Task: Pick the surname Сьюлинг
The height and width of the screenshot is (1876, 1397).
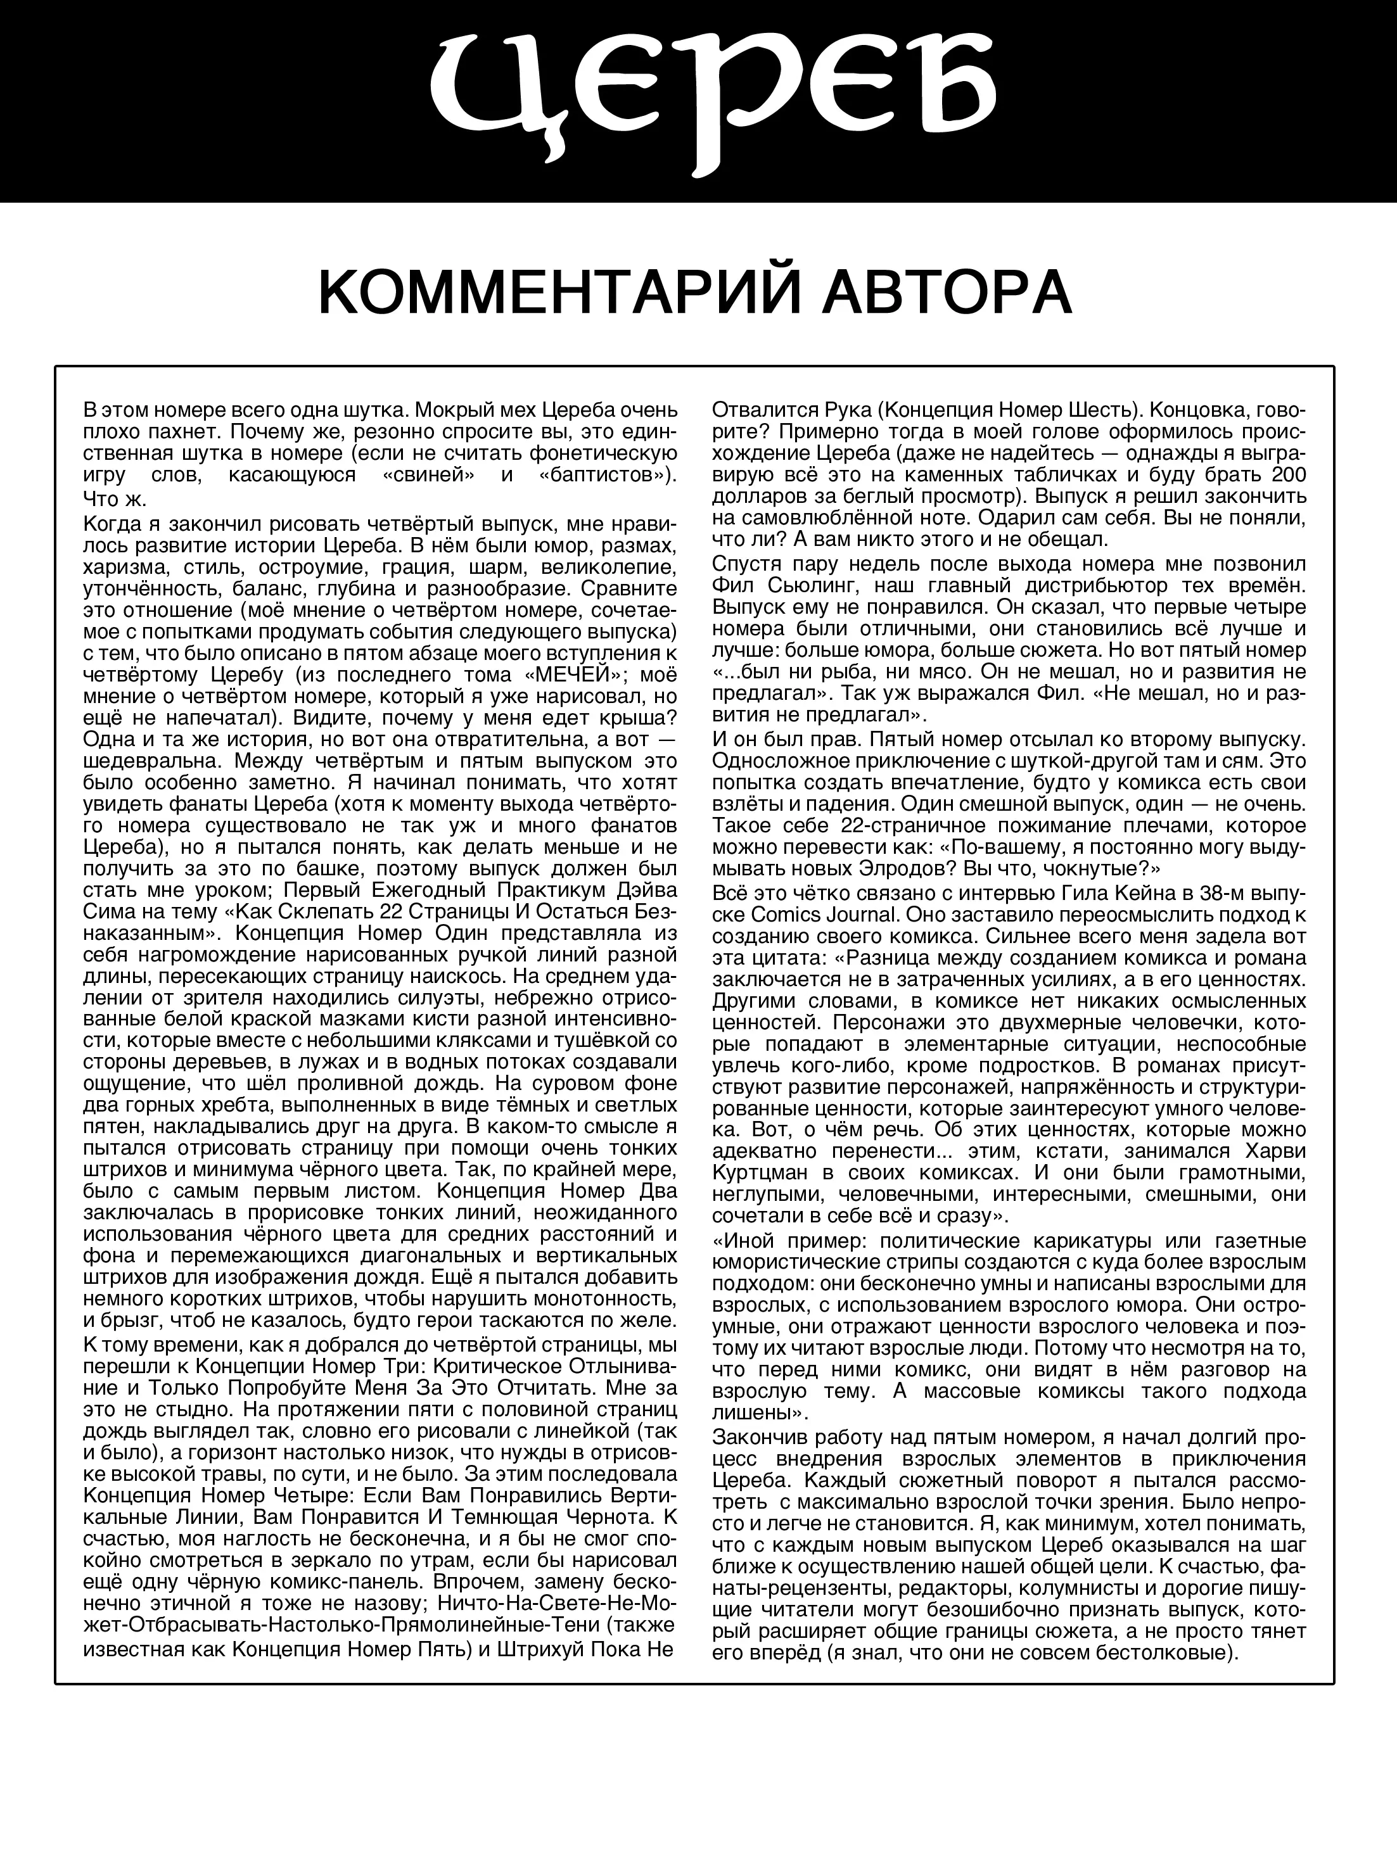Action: pyautogui.click(x=836, y=585)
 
